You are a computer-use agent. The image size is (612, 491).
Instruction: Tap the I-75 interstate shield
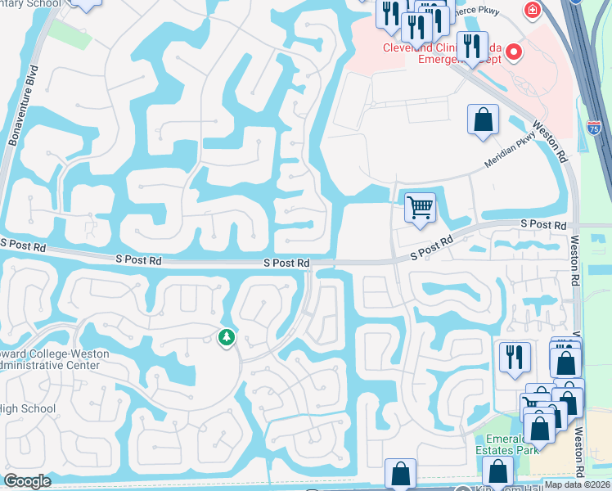594,128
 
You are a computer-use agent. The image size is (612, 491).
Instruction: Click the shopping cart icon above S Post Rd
420,206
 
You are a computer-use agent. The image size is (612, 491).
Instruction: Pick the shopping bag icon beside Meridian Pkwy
483,119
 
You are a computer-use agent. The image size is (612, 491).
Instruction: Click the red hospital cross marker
533,10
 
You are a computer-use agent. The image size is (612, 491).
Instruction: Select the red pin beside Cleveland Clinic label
514,53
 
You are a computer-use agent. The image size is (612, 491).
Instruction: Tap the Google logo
27,481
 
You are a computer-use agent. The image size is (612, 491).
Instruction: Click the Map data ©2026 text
576,484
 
